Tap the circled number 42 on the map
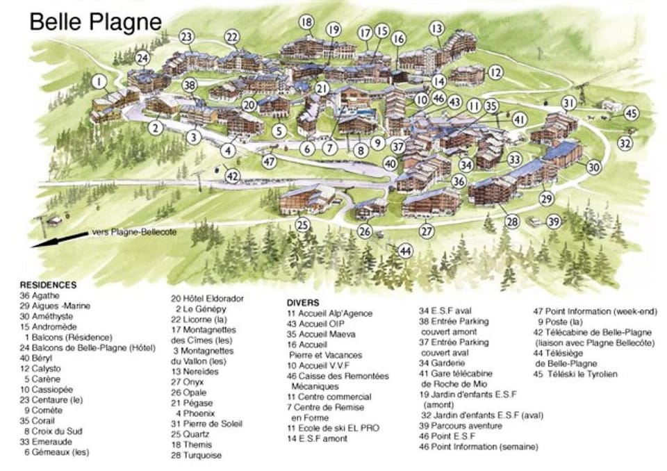tap(233, 177)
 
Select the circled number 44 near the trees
tap(405, 251)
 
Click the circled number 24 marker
tap(142, 58)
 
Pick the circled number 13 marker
tap(436, 28)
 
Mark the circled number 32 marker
tap(625, 143)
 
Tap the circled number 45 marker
tap(630, 113)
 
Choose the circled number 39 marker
tap(554, 222)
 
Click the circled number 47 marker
tap(269, 161)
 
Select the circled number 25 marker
tap(302, 224)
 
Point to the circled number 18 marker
tap(306, 22)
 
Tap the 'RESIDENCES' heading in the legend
tap(48, 284)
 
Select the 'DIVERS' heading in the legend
tap(303, 303)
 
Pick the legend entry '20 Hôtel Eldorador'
tap(208, 299)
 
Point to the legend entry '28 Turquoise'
tap(197, 456)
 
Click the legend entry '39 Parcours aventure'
tap(460, 426)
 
